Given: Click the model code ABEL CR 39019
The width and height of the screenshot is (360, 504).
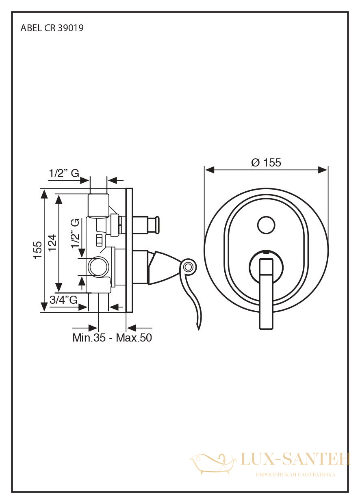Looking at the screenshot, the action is (52, 28).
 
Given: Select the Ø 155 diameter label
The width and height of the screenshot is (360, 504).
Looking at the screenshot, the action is (266, 162).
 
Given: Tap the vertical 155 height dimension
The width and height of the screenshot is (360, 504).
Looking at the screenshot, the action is (38, 250).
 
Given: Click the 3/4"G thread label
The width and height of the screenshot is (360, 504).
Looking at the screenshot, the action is (63, 300).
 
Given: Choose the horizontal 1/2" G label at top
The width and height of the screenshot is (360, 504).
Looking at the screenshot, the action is (64, 173).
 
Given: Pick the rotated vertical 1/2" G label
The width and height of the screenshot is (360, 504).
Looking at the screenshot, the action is (75, 234).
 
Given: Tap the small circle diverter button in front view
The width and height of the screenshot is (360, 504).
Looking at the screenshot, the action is (266, 225).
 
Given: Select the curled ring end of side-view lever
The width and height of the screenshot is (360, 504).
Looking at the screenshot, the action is (188, 267).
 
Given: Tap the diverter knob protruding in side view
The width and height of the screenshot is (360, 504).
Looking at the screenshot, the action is (147, 225).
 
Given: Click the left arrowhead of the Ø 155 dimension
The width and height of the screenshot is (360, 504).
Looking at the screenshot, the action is (209, 170).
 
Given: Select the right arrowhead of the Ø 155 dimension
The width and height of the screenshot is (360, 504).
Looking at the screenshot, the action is (323, 170).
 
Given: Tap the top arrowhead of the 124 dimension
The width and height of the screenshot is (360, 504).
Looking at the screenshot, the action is (59, 199).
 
